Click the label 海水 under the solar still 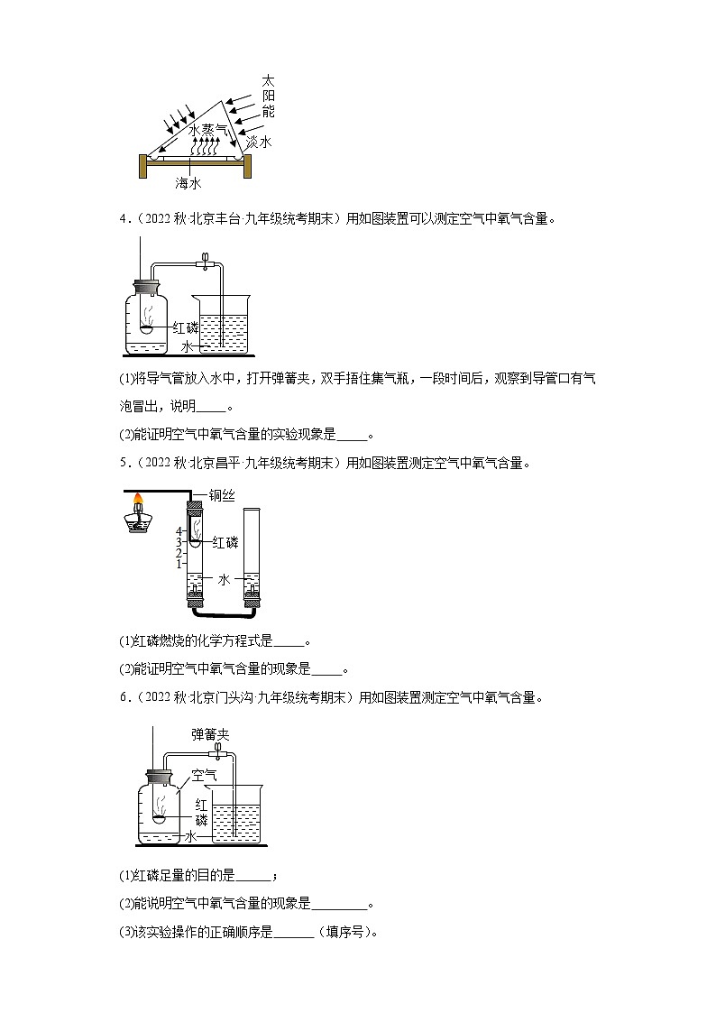click(x=188, y=183)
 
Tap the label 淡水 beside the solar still click(x=259, y=143)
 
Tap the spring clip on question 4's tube click(x=207, y=261)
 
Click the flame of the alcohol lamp click(x=139, y=497)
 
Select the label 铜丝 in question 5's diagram click(x=223, y=494)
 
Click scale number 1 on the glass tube click(x=179, y=563)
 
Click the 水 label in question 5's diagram click(x=225, y=580)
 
